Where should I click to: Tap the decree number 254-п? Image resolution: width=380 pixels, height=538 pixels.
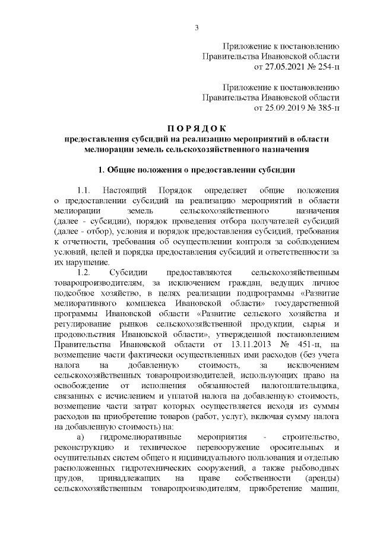click(x=325, y=66)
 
